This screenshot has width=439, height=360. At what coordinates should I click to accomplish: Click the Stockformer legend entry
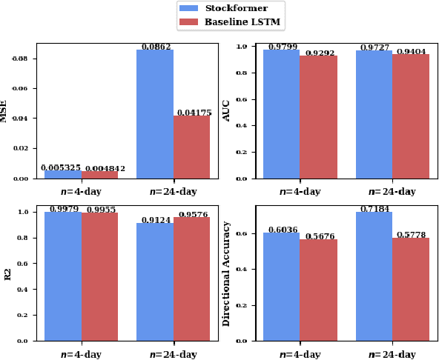pos(230,7)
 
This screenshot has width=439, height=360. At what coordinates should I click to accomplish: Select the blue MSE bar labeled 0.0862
pos(155,114)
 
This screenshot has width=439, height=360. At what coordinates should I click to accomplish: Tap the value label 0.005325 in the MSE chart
pos(61,168)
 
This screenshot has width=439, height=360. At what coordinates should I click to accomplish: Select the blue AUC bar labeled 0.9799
pos(282,114)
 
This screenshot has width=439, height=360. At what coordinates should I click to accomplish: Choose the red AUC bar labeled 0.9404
pos(410,116)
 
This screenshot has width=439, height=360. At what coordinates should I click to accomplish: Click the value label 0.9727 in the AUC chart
pos(374,47)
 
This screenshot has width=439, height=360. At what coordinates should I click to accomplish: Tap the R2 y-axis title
pos(8,273)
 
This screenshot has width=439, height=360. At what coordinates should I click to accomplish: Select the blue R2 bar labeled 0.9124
pos(155,281)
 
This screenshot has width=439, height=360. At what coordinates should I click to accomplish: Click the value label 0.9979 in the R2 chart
pos(64,209)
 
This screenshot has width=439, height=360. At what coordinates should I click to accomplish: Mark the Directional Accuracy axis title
pos(226,273)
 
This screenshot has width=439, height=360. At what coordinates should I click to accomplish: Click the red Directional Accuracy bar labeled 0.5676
pos(318,290)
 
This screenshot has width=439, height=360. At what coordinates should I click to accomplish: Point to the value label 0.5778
pos(410,235)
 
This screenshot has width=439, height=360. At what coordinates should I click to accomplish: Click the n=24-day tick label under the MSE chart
pos(173,192)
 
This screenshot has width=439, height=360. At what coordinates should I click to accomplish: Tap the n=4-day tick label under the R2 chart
pos(82,354)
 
